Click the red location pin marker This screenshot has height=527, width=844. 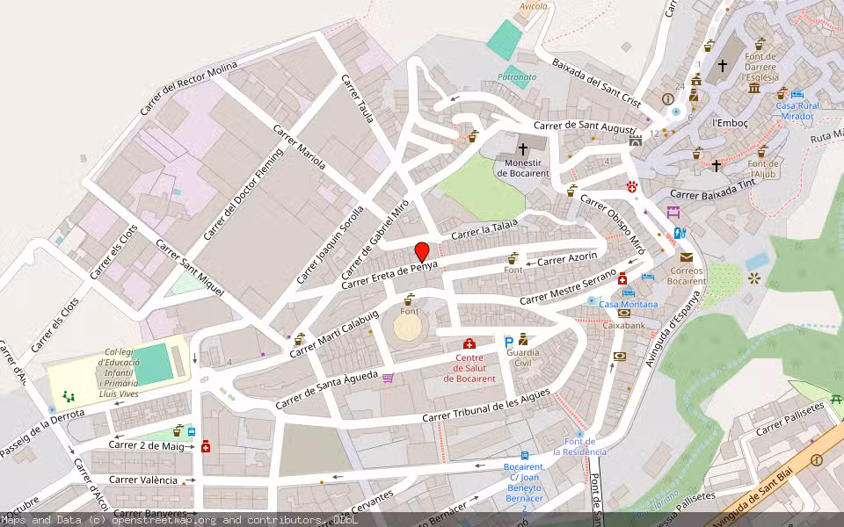(x=422, y=251)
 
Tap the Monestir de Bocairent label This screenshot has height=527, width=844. (x=523, y=168)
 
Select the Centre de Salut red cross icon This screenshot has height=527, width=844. (x=469, y=343)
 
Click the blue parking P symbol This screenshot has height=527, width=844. (x=508, y=342)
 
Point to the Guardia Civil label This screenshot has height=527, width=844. (x=523, y=357)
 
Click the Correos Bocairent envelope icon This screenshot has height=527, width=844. (x=687, y=257)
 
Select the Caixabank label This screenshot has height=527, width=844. (x=624, y=325)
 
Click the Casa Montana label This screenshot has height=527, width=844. (x=628, y=304)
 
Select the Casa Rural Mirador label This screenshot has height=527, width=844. (x=797, y=111)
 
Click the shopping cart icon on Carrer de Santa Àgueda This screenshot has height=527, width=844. (x=388, y=378)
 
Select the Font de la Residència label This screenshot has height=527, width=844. (x=586, y=446)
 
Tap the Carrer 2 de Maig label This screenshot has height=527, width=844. (x=146, y=445)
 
